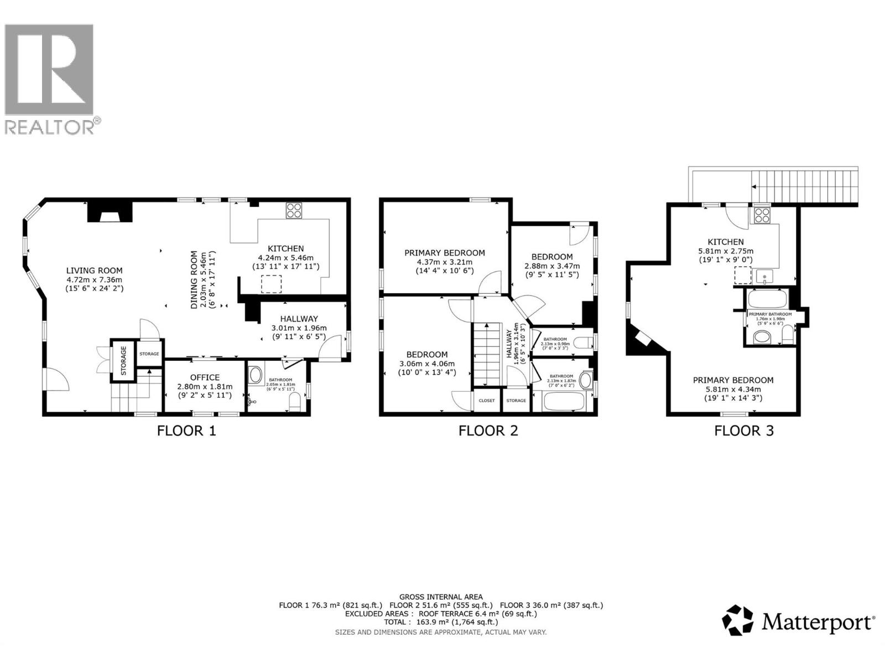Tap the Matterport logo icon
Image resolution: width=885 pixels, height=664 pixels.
click(x=738, y=620)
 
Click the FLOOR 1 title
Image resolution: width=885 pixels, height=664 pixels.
click(x=186, y=430)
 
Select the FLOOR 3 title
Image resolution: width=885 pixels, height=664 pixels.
click(x=744, y=430)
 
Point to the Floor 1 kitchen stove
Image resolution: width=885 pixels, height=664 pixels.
click(x=294, y=211)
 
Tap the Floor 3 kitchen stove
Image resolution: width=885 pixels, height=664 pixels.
click(x=762, y=215)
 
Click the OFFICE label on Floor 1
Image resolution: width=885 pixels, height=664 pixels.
click(x=205, y=377)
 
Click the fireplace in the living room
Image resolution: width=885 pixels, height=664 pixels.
click(x=110, y=212)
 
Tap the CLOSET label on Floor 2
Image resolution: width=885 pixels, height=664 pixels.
click(x=487, y=401)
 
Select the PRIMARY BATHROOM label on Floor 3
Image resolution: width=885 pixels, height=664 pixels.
click(x=770, y=314)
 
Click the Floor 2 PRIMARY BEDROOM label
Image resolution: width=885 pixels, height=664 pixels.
click(x=444, y=253)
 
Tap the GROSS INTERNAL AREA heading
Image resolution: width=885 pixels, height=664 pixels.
click(x=441, y=596)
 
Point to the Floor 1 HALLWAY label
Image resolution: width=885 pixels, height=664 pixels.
click(x=299, y=319)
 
